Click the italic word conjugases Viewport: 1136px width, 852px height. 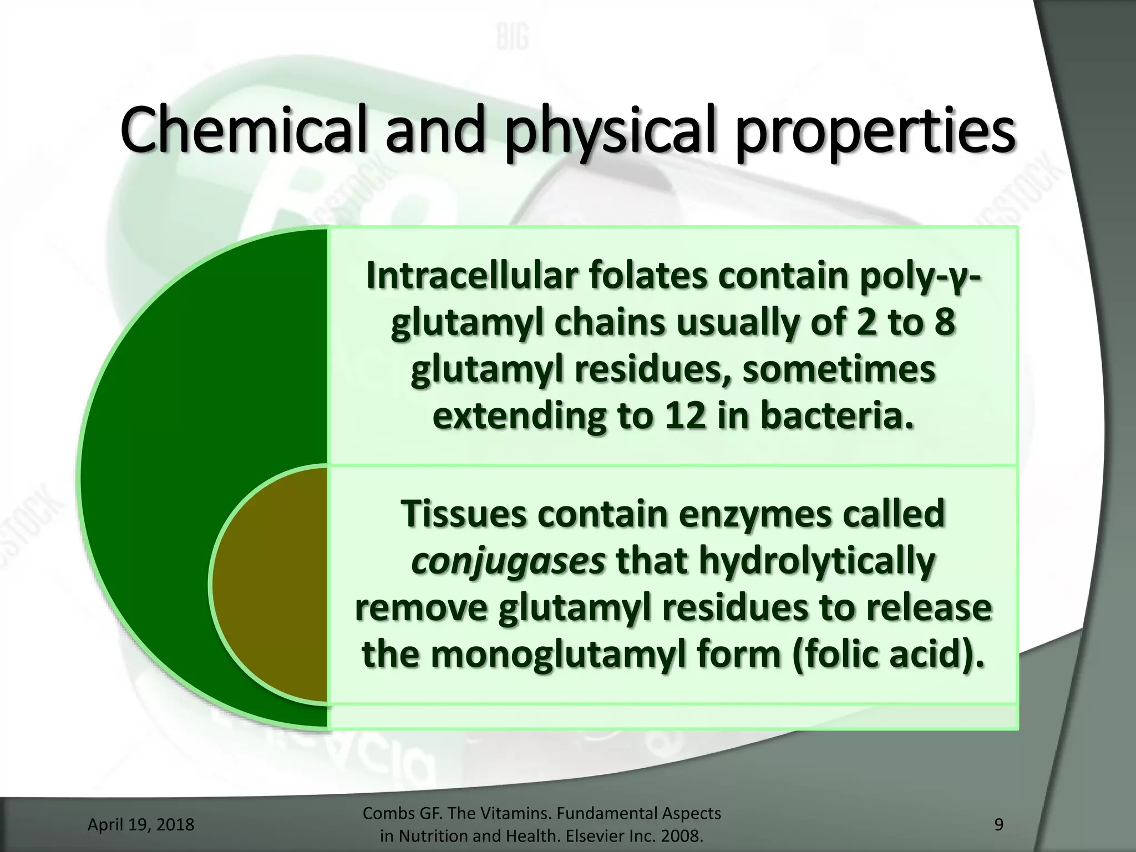pyautogui.click(x=508, y=561)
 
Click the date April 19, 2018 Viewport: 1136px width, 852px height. pyautogui.click(x=141, y=825)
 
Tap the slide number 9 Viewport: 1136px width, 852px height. pyautogui.click(x=998, y=825)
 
